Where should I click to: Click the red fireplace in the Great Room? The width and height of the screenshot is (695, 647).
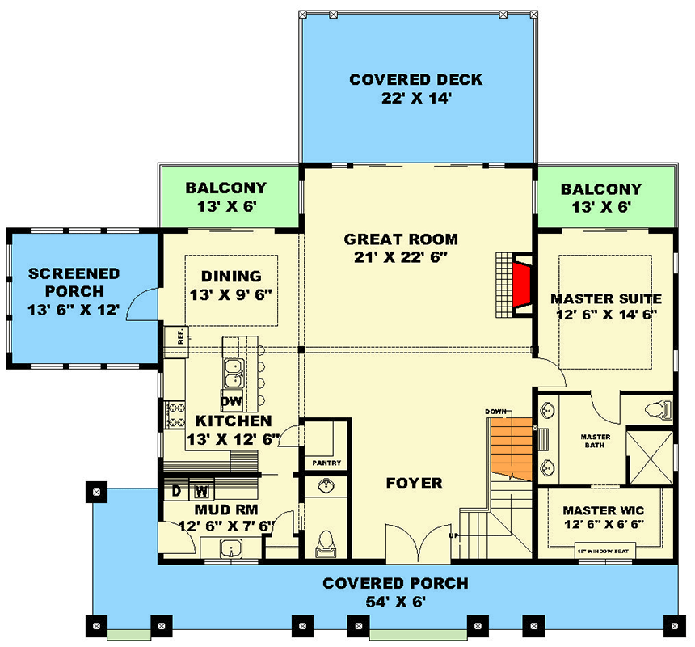click(521, 285)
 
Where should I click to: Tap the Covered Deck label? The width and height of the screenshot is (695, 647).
click(416, 80)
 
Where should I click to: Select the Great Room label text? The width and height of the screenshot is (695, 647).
click(401, 239)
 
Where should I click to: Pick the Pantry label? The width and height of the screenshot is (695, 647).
click(326, 463)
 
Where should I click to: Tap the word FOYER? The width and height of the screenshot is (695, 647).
click(414, 484)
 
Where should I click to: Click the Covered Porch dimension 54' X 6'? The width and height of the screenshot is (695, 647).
click(395, 602)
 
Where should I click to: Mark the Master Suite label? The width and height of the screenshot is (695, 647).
click(605, 299)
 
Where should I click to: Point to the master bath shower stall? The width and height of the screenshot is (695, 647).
click(651, 456)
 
